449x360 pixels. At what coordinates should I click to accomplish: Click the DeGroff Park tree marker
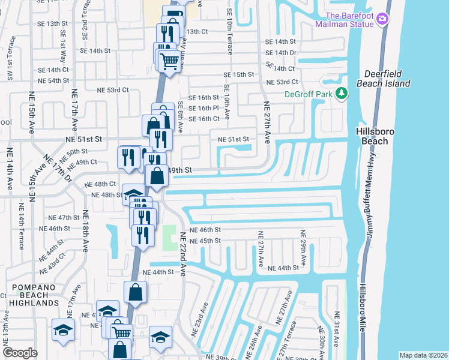(342, 93)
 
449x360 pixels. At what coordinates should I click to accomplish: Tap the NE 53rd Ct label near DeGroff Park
(282, 82)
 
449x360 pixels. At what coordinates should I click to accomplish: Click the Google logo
(20, 353)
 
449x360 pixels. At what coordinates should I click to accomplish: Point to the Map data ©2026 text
(423, 355)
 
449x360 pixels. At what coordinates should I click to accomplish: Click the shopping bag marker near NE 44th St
(136, 293)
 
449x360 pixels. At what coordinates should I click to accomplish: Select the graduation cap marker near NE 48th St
(133, 194)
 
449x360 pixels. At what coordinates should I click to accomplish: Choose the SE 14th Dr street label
(281, 53)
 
